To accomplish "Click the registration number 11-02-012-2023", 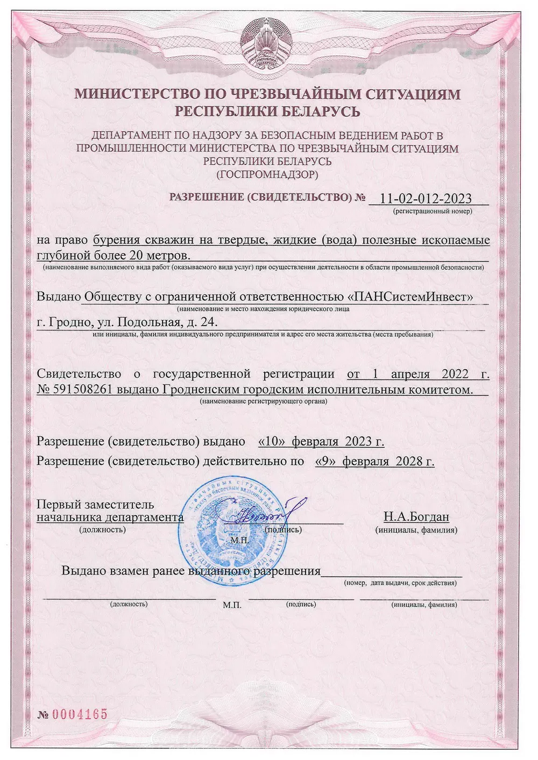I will point(425,198).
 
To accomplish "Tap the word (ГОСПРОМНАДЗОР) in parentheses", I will point(267,174).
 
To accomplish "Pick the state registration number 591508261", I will point(82,390).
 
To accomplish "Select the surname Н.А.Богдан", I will point(416,517).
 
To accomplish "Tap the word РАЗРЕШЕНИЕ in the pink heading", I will point(206,197).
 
